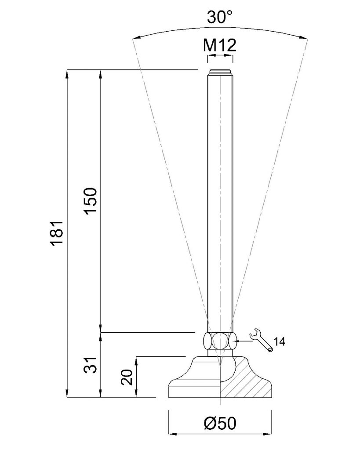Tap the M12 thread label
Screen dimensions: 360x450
[x=220, y=45]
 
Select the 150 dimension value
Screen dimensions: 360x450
[x=90, y=200]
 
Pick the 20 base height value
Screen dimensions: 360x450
[x=126, y=377]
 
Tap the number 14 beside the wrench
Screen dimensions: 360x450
[x=279, y=342]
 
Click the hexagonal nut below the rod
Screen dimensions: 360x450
[x=220, y=341]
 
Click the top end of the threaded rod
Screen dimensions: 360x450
[x=220, y=70]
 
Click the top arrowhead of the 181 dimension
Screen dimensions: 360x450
[x=67, y=73]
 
